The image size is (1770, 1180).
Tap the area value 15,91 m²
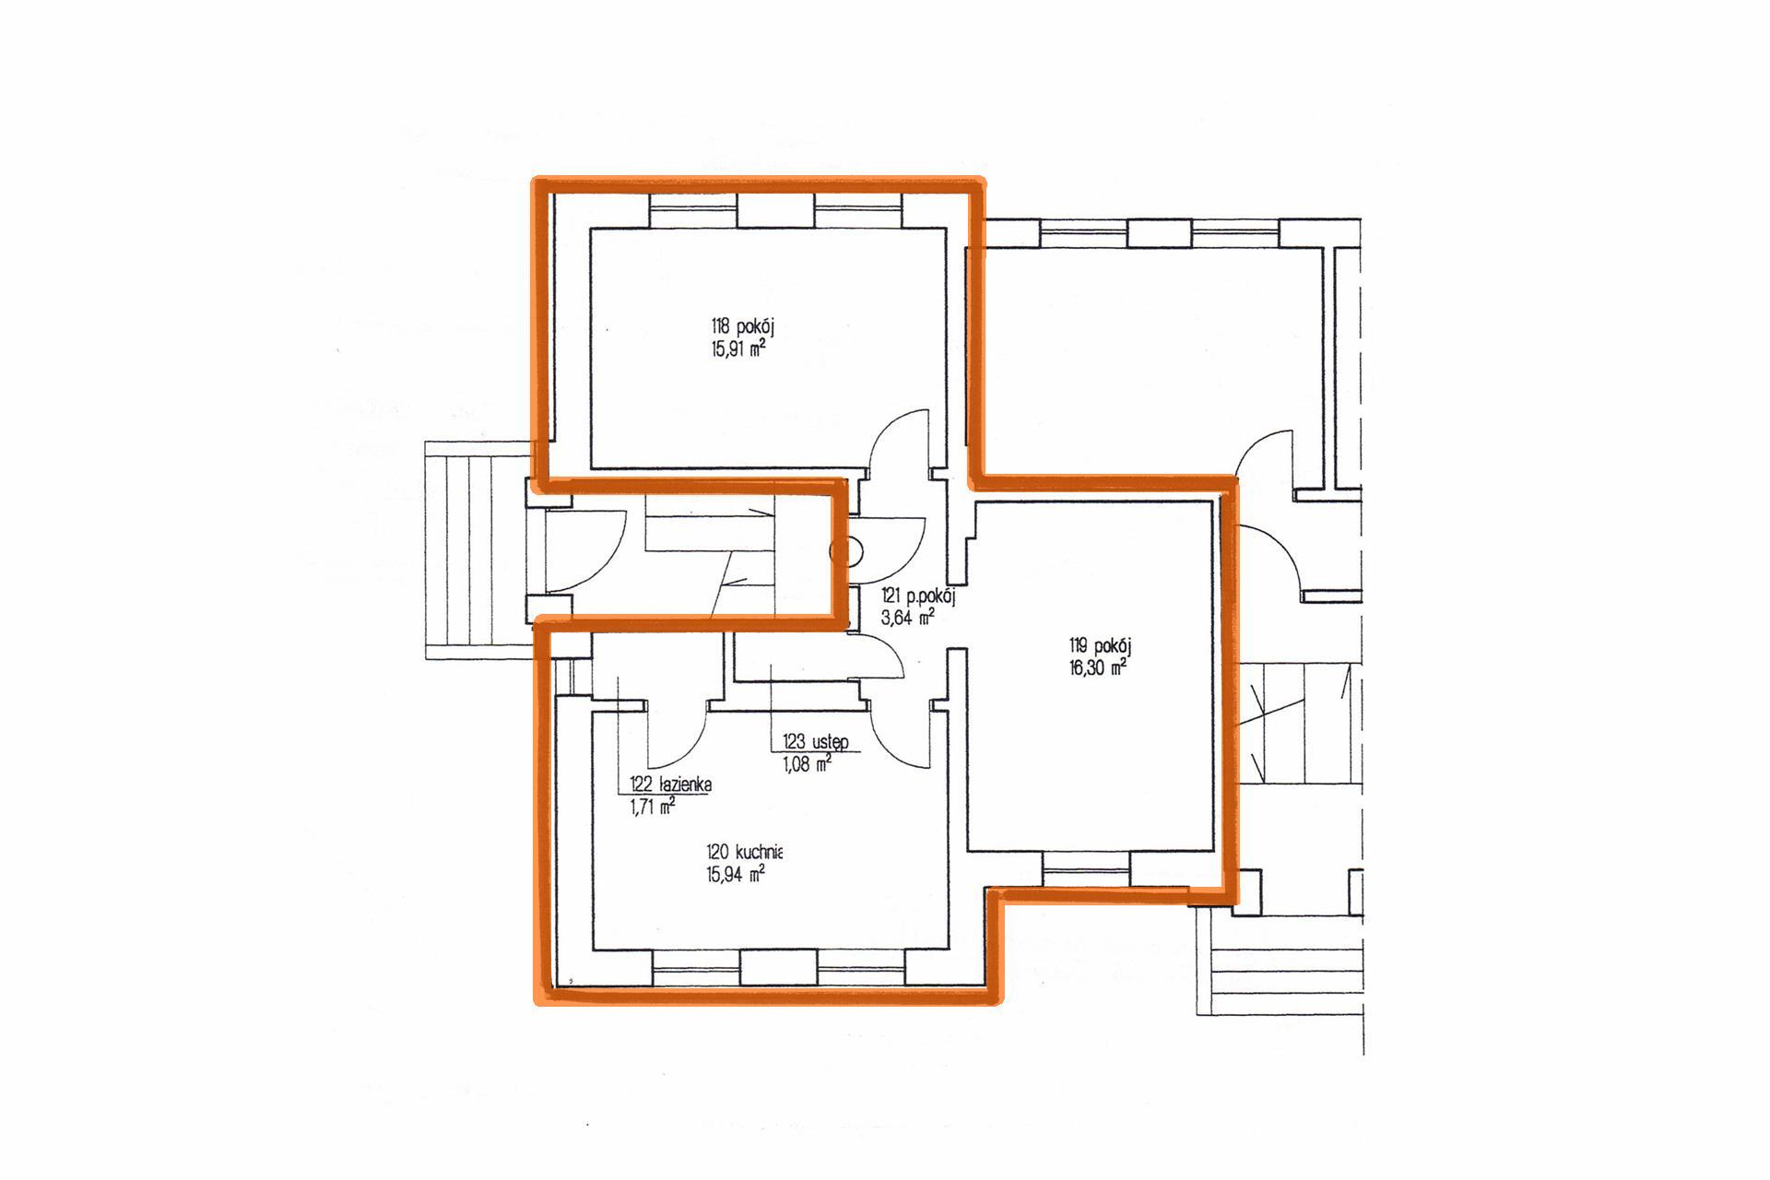click(x=737, y=349)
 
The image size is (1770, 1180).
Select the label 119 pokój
click(x=1100, y=646)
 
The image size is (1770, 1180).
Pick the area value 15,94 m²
click(x=736, y=874)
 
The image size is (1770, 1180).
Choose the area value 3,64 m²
click(x=908, y=618)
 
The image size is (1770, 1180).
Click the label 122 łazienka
click(x=670, y=785)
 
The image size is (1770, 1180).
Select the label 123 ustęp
click(x=816, y=741)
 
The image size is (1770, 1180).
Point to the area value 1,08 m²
click(x=807, y=763)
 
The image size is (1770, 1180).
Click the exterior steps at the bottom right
click(x=1280, y=959)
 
